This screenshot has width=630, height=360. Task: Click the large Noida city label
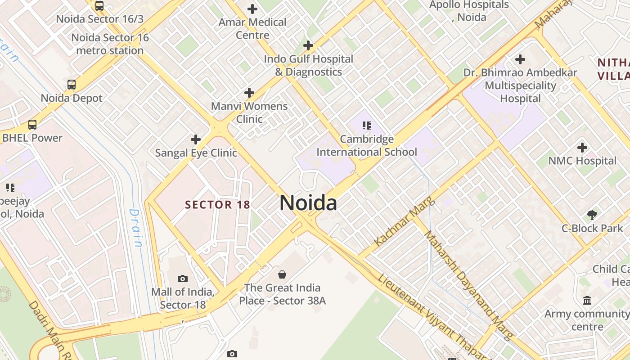click(308, 203)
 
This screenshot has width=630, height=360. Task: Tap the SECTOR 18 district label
click(217, 205)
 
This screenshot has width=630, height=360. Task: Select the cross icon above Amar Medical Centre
click(252, 9)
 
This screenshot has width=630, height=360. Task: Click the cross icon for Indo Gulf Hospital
click(308, 45)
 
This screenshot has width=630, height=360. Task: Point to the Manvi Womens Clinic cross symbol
click(249, 93)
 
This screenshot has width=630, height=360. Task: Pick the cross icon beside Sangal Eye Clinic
click(196, 139)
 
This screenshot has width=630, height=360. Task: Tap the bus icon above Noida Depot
click(72, 85)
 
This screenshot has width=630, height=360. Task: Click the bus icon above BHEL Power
click(32, 125)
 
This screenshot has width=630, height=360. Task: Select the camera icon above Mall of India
click(182, 279)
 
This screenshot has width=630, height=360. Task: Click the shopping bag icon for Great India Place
click(282, 274)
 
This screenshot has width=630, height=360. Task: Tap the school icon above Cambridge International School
click(367, 126)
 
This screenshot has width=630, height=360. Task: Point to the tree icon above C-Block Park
click(592, 215)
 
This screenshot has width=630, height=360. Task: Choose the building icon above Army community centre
click(587, 300)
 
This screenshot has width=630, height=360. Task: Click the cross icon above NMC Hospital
click(582, 147)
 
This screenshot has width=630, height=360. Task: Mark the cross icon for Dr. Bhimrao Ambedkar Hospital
click(520, 59)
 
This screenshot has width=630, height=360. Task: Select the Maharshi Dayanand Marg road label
click(468, 286)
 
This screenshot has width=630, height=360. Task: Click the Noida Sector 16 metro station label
click(110, 44)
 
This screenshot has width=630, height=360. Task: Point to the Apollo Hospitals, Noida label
click(469, 11)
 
